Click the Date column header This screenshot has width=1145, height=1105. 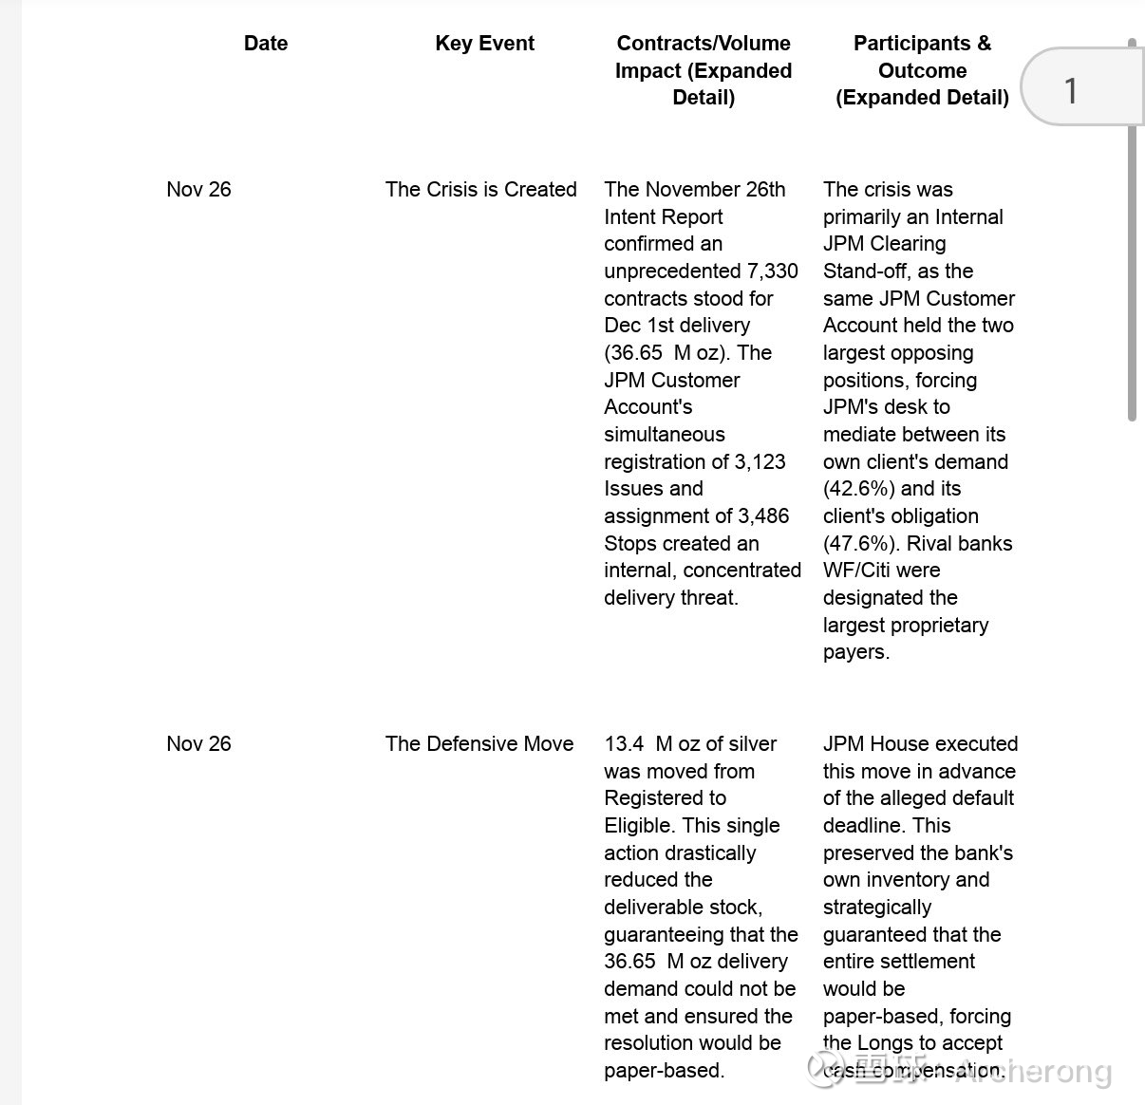click(x=266, y=44)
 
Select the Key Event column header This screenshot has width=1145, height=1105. click(x=484, y=44)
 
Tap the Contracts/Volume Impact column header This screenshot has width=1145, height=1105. click(x=704, y=70)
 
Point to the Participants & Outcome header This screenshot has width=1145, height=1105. click(x=922, y=70)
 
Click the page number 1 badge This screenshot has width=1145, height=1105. click(x=1071, y=91)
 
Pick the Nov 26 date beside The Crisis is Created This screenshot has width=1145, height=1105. click(x=198, y=190)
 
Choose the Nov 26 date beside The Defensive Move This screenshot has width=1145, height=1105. click(x=198, y=744)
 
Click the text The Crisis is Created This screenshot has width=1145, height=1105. click(x=480, y=190)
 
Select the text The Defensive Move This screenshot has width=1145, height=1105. click(x=479, y=744)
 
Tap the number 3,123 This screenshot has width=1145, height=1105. click(x=756, y=462)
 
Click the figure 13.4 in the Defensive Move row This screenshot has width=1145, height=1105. click(x=624, y=744)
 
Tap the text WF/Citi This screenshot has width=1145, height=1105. click(x=856, y=571)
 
